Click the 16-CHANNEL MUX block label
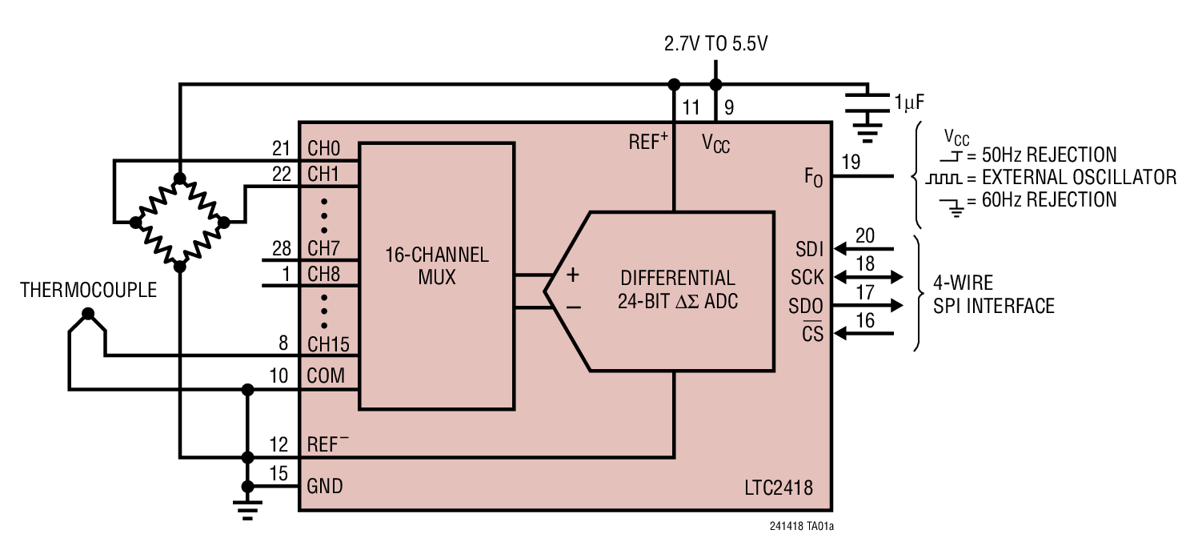[436, 267]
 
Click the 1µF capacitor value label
[910, 101]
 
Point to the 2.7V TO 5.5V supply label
[715, 44]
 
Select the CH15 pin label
[329, 344]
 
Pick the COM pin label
[327, 375]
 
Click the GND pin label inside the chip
[325, 485]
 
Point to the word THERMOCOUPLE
[89, 290]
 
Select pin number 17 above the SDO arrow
[865, 292]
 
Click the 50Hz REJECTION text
[1048, 155]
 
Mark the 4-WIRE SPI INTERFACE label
[994, 294]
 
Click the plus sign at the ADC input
[573, 275]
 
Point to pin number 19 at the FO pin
[850, 163]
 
